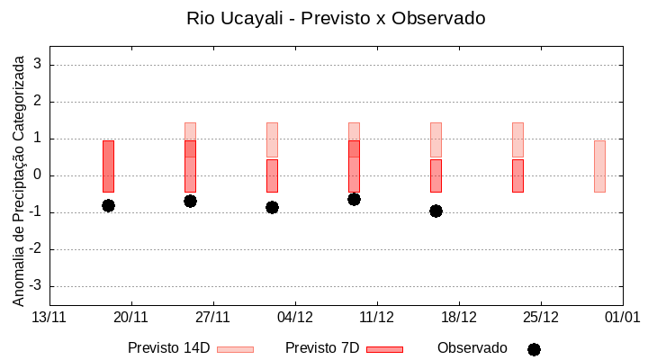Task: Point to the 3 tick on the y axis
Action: [x=39, y=65]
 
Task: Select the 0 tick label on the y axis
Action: [x=39, y=175]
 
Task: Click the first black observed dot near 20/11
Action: [x=108, y=205]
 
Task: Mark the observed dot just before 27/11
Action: [x=190, y=201]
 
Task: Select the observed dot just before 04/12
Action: [x=272, y=207]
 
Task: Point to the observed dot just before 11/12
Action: [x=354, y=199]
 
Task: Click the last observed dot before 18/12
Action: [x=436, y=211]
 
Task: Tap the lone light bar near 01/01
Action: [x=599, y=166]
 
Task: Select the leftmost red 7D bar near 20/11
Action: [x=108, y=166]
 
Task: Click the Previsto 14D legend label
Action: [x=168, y=348]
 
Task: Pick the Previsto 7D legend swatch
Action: [x=384, y=349]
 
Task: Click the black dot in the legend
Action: [x=534, y=349]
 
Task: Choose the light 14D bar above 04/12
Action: [x=272, y=139]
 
